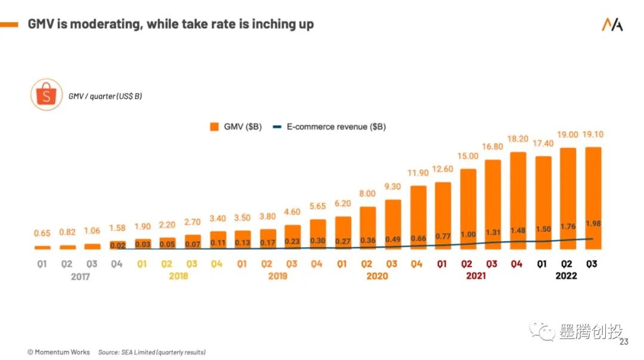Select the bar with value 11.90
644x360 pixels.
(418, 215)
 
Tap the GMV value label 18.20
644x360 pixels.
(518, 138)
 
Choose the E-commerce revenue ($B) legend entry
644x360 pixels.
(329, 126)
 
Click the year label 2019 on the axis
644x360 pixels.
(277, 276)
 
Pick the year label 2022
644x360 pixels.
(565, 276)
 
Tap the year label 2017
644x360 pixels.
(80, 277)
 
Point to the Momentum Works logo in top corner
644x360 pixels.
(612, 24)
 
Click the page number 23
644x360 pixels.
(624, 342)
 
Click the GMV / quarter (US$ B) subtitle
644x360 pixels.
(105, 96)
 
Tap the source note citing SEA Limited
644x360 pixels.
(152, 352)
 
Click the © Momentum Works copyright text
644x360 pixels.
(58, 352)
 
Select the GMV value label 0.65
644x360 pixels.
(42, 234)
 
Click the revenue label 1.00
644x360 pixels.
(468, 235)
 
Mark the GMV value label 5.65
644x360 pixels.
(318, 206)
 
